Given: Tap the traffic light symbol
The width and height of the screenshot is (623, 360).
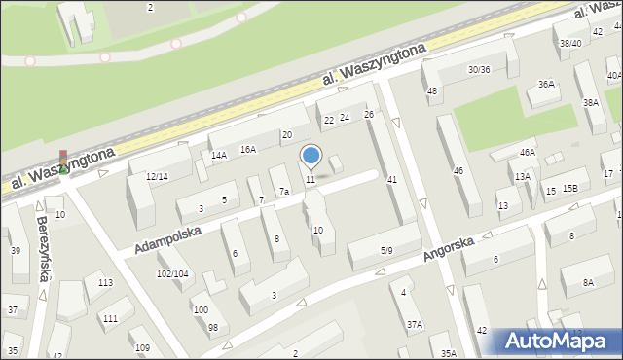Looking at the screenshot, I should pyautogui.click(x=63, y=161).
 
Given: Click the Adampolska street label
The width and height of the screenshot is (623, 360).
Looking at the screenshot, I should pyautogui.click(x=166, y=233).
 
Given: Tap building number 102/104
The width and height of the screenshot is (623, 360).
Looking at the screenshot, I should pyautogui.click(x=173, y=273).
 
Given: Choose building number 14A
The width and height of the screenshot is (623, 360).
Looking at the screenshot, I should pyautogui.click(x=219, y=155).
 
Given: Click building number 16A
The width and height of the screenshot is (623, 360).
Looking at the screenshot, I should pyautogui.click(x=248, y=149).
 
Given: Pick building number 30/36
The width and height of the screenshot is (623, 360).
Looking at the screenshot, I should pyautogui.click(x=479, y=69).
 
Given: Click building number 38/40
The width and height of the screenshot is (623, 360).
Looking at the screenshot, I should pyautogui.click(x=570, y=43).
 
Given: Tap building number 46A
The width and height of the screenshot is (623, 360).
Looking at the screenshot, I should pyautogui.click(x=527, y=152).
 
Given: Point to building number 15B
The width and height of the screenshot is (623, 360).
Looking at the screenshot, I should pyautogui.click(x=569, y=188).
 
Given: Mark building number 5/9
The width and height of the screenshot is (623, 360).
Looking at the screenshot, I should pyautogui.click(x=386, y=250).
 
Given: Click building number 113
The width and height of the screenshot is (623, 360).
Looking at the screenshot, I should pyautogui.click(x=105, y=282).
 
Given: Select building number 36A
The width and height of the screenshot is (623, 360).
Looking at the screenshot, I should pyautogui.click(x=546, y=84).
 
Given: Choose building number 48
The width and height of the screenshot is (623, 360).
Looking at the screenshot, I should pyautogui.click(x=432, y=90).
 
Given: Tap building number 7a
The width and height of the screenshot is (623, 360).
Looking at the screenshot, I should pyautogui.click(x=283, y=192).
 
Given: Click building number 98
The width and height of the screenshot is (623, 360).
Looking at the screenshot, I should pyautogui.click(x=212, y=326).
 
